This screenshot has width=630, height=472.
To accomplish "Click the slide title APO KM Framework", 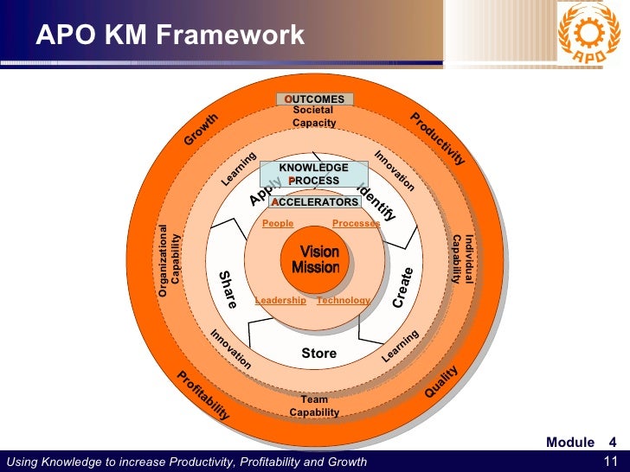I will point(170,35).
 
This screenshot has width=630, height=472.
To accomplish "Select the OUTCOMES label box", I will point(315,99).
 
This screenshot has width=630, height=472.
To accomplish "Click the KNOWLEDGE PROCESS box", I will point(314,174).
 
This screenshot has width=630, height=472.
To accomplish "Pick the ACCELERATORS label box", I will point(314,201).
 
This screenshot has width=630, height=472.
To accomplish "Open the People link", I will point(278,223).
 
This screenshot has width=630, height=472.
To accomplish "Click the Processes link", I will point(356,223).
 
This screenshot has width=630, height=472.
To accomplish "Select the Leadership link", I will point(280,300).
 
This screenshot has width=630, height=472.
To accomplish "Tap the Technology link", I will point(343,300).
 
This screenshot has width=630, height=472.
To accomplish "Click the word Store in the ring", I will point(318,354).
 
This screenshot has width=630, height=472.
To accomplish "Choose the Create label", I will point(403,288).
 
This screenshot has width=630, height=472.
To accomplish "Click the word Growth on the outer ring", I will point(201,130).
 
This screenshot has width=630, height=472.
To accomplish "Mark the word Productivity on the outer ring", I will point(437,138).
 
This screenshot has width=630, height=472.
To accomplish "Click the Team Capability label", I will point(315,406).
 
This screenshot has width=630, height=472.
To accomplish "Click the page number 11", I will point(609,461).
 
